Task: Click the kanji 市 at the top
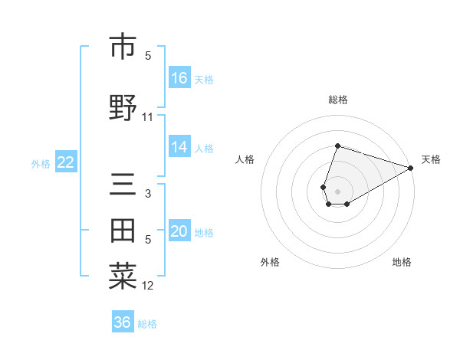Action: pyautogui.click(x=123, y=47)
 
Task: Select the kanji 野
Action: pyautogui.click(x=123, y=107)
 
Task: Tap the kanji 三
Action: pyautogui.click(x=123, y=185)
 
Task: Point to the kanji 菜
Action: pyautogui.click(x=123, y=277)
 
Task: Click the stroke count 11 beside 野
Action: pyautogui.click(x=148, y=117)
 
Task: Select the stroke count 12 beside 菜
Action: pyautogui.click(x=148, y=286)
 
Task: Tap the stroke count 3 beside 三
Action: pyautogui.click(x=148, y=194)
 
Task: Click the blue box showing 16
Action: pyautogui.click(x=179, y=77)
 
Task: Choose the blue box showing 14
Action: pyautogui.click(x=179, y=147)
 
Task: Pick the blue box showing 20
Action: pyautogui.click(x=179, y=231)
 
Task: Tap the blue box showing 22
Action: pyautogui.click(x=65, y=162)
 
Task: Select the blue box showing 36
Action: pyautogui.click(x=123, y=322)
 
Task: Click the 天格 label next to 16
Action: pyautogui.click(x=204, y=79)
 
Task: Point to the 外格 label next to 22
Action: pyautogui.click(x=41, y=163)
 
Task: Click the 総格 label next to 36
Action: pyautogui.click(x=147, y=324)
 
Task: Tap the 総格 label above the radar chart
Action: pyautogui.click(x=338, y=100)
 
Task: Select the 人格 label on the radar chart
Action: pyautogui.click(x=245, y=159)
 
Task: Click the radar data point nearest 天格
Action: pyautogui.click(x=411, y=169)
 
